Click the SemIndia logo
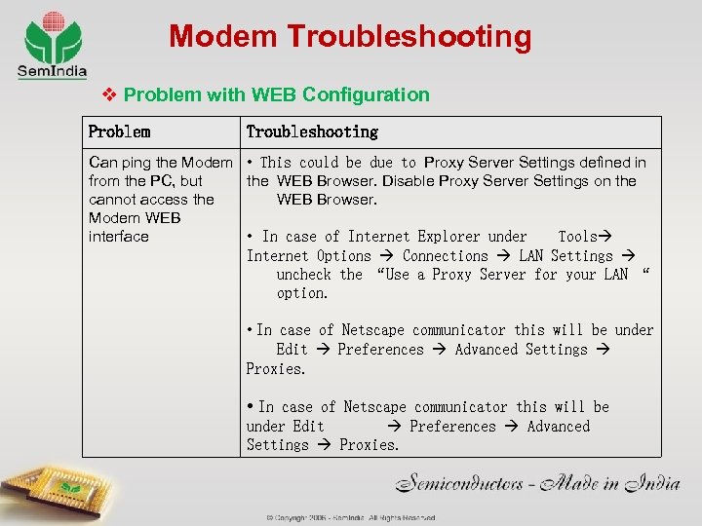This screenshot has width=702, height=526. tap(52, 44)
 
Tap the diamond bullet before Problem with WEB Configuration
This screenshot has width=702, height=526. tap(110, 94)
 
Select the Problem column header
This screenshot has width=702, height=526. tap(119, 131)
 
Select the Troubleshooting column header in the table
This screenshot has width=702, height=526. tap(312, 131)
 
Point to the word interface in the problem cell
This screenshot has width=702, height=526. tap(118, 237)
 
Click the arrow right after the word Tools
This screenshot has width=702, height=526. tap(604, 237)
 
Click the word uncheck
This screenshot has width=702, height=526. tap(304, 275)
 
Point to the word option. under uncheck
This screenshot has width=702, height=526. tap(302, 293)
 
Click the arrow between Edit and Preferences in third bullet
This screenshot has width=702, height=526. tap(323, 350)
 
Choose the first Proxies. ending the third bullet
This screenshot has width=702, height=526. tap(276, 369)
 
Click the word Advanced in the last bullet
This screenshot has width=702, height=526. tap(558, 427)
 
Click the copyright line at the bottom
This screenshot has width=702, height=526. tap(351, 518)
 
